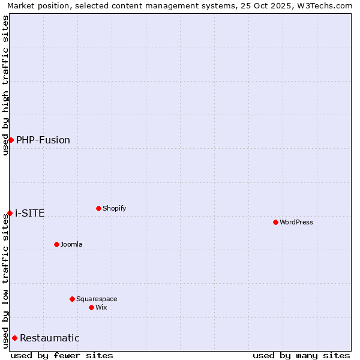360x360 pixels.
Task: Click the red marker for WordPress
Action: tap(275, 222)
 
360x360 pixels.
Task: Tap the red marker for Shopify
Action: tap(98, 208)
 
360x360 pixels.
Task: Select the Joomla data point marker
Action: tap(56, 244)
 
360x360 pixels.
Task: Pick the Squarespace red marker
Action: tap(72, 299)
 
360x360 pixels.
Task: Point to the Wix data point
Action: tap(91, 307)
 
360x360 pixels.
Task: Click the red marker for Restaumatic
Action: tap(14, 338)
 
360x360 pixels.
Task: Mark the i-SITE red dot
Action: tap(10, 213)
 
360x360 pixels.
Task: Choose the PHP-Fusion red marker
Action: tap(11, 140)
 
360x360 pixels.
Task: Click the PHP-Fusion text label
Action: tap(43, 140)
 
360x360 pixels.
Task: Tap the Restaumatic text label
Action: tap(50, 338)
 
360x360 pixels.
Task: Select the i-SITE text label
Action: tap(30, 214)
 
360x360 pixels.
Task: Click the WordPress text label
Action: tap(296, 222)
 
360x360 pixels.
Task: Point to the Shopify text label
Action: tap(115, 208)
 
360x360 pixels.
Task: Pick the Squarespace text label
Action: tap(97, 299)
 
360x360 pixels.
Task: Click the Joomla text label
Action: tap(71, 244)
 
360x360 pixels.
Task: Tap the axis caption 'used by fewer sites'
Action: tap(62, 355)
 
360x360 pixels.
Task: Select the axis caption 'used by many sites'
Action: tap(301, 355)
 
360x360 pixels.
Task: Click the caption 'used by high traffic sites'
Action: tap(5, 85)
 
